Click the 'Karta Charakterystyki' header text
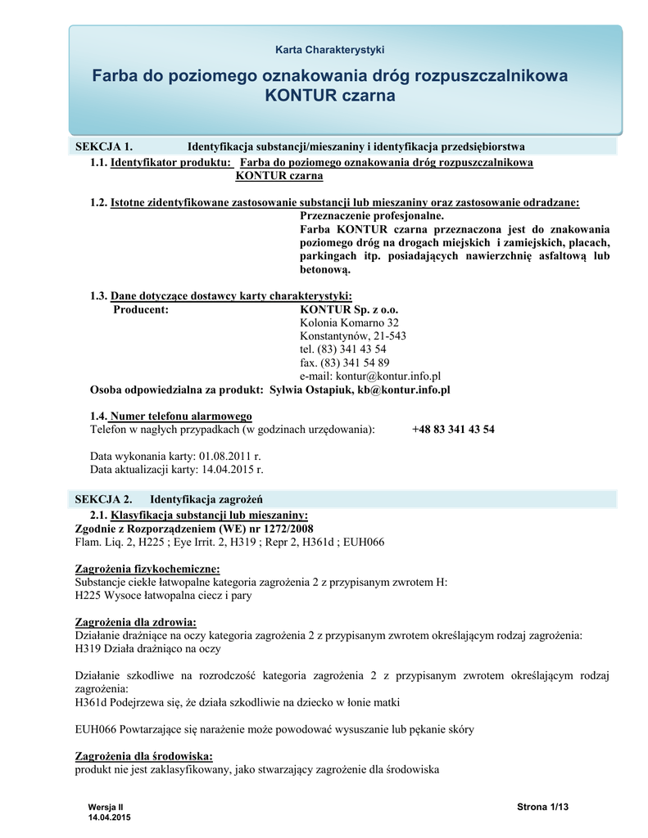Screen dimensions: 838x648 click(x=329, y=50)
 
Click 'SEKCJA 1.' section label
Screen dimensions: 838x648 click(x=104, y=146)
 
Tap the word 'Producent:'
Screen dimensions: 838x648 click(x=141, y=310)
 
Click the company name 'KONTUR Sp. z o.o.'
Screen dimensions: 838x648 click(x=349, y=310)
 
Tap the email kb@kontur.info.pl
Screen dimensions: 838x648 click(x=403, y=390)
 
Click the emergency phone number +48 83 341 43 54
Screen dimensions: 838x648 click(x=453, y=429)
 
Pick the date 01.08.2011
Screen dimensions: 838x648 click(x=225, y=455)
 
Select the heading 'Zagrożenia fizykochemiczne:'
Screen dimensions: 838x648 click(x=147, y=569)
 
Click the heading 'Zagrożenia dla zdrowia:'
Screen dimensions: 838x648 click(x=136, y=623)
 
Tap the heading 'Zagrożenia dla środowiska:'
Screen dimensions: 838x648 click(x=143, y=756)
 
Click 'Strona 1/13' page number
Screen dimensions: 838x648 click(x=542, y=808)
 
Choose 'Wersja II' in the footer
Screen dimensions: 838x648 click(x=106, y=808)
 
